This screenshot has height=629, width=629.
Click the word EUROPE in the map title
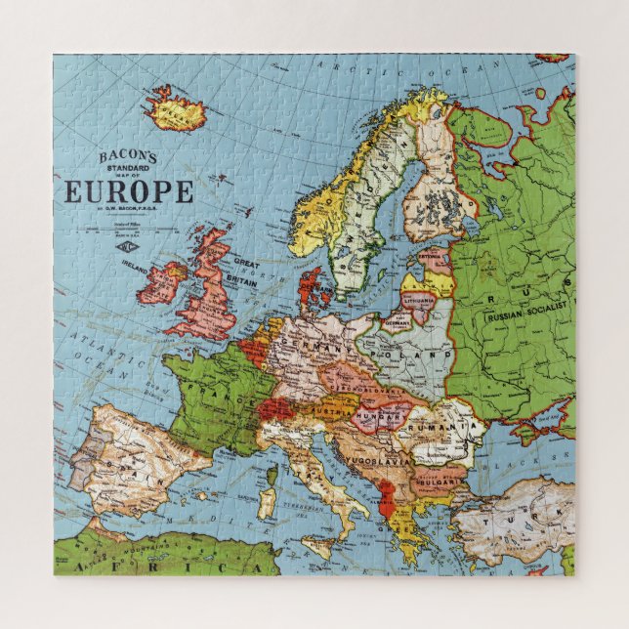coord(129,191)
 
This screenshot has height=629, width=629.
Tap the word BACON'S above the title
coord(129,156)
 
